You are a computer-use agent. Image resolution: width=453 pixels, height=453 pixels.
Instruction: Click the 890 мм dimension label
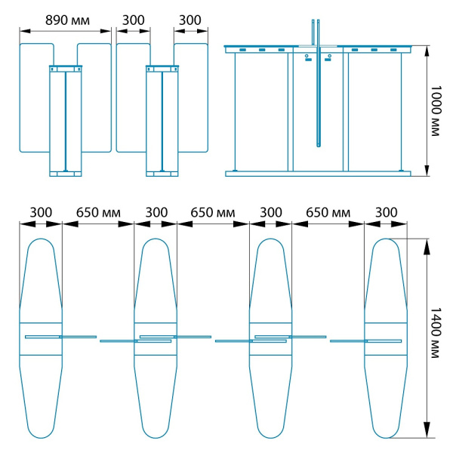pyautogui.click(x=68, y=20)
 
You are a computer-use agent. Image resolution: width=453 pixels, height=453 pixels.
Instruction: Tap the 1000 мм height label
pyautogui.click(x=436, y=111)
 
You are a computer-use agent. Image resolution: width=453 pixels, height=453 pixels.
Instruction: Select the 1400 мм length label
pyautogui.click(x=436, y=332)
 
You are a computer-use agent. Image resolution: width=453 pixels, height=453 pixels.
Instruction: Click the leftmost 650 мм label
pyautogui.click(x=98, y=213)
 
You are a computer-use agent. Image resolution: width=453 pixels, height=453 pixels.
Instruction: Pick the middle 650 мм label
pyautogui.click(x=213, y=213)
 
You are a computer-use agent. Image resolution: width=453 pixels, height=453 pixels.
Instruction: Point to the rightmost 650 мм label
pyautogui.click(x=328, y=213)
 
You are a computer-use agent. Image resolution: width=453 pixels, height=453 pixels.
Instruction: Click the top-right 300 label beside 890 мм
pyautogui.click(x=190, y=20)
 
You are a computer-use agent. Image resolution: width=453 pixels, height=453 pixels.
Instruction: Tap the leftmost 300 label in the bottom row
pyautogui.click(x=41, y=213)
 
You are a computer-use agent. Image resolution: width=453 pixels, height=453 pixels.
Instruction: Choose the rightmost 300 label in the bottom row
pyautogui.click(x=387, y=213)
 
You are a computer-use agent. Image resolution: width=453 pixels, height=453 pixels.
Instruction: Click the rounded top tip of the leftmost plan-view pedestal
pyautogui.click(x=41, y=239)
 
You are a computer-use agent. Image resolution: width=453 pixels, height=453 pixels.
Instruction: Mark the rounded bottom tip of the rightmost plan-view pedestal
pyautogui.click(x=387, y=438)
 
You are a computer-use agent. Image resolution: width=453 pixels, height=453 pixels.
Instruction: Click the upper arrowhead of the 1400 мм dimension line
pyautogui.click(x=427, y=246)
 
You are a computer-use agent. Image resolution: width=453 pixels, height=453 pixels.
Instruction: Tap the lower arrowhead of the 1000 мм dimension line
pyautogui.click(x=427, y=168)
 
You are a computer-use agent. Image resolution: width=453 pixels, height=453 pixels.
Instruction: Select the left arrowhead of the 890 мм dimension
pyautogui.click(x=25, y=31)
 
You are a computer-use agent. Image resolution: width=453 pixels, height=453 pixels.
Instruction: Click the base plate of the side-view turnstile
pyautogui.click(x=318, y=174)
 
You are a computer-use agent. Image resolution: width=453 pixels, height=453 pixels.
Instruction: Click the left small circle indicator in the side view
pyautogui.click(x=307, y=56)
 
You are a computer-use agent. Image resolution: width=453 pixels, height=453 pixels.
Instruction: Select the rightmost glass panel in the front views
pyautogui.click(x=192, y=97)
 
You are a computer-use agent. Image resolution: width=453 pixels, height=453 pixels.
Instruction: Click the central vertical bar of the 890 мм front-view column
pyautogui.click(x=66, y=122)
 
